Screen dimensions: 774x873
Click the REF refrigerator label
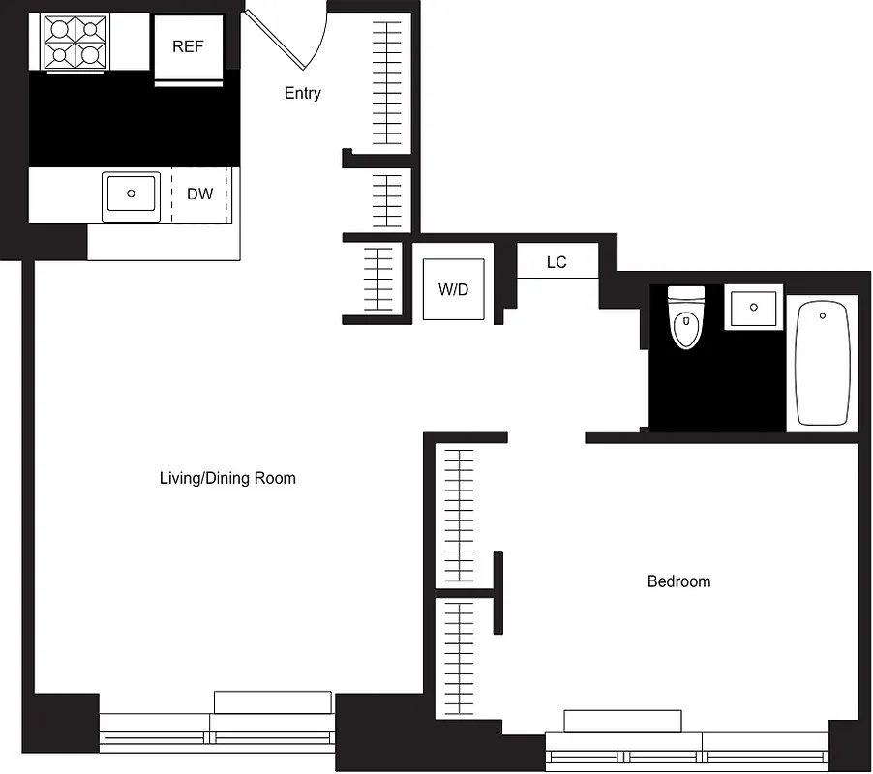(188, 46)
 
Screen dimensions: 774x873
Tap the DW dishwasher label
(200, 194)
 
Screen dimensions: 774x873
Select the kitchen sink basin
(131, 194)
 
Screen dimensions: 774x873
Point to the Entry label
(302, 94)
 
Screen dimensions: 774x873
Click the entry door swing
(286, 39)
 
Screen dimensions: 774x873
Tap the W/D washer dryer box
(453, 289)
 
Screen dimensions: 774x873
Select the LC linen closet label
(557, 262)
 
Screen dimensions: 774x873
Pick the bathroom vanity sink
(754, 309)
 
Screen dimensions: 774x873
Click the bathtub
(822, 363)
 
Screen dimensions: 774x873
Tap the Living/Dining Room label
(227, 478)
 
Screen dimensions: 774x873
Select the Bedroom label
(678, 581)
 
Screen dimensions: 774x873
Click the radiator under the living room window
(273, 702)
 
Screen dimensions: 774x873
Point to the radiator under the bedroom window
(622, 722)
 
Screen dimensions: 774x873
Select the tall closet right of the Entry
(386, 82)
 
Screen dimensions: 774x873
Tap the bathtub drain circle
(822, 315)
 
